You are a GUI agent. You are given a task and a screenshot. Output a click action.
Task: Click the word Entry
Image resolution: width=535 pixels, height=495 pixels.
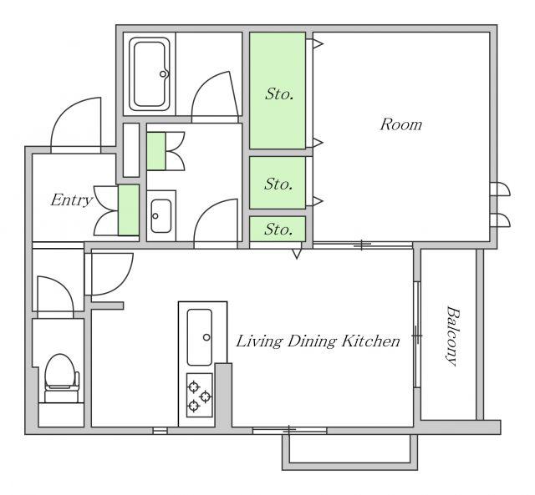(71, 200)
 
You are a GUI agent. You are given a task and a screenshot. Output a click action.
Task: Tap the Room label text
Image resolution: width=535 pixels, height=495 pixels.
(401, 124)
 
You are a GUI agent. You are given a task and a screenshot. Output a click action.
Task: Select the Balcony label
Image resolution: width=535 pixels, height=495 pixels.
(452, 336)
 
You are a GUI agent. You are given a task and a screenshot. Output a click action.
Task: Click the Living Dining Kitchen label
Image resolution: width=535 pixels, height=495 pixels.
(318, 341)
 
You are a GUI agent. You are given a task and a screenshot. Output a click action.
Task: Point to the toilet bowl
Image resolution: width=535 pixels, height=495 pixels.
(59, 372)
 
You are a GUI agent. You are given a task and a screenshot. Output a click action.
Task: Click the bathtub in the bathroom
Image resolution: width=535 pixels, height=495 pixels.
(150, 74)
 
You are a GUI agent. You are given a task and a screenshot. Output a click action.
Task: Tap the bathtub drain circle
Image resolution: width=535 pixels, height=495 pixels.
(163, 73)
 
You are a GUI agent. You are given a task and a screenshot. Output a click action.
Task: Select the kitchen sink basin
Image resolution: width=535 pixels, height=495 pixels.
(200, 337)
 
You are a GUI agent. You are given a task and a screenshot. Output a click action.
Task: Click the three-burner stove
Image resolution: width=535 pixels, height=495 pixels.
(200, 395)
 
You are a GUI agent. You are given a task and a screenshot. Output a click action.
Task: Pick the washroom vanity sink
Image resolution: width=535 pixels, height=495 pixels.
(161, 216)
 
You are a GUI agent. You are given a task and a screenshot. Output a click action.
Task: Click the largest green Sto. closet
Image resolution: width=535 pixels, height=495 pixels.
(278, 90)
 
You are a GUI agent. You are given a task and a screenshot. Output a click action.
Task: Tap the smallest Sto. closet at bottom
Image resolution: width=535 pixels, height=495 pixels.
(278, 229)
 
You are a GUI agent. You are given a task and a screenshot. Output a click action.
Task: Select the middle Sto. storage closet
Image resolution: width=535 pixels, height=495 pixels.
(278, 183)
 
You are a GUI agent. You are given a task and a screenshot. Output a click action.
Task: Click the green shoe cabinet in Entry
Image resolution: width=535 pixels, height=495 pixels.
(129, 210)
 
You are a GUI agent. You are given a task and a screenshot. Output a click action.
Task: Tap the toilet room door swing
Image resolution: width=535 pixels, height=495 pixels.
(55, 294)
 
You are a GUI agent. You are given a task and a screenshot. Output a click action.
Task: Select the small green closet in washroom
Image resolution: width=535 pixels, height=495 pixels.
(156, 151)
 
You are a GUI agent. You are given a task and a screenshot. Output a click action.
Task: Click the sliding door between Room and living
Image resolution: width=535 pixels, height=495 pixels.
(362, 245)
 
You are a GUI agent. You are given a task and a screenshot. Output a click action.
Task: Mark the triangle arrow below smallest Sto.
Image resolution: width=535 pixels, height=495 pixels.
(297, 254)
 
